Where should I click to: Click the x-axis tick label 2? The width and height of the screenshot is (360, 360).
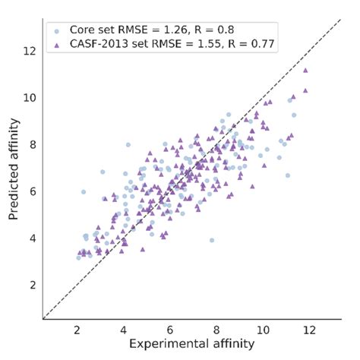[x=77, y=330]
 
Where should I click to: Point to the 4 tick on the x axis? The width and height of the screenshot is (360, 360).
[x=124, y=330]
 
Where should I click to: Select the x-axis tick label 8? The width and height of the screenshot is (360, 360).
[x=216, y=330]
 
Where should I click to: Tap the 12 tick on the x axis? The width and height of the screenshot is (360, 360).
[x=308, y=330]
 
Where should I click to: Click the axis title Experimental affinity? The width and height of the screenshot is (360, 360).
[x=191, y=346]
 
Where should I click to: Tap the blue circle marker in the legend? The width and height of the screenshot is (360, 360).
[x=57, y=30]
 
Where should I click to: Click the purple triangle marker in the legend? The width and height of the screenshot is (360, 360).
[x=57, y=44]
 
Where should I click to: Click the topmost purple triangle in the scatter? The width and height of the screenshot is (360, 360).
[x=305, y=71]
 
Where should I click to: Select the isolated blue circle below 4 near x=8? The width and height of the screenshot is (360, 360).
[x=211, y=240]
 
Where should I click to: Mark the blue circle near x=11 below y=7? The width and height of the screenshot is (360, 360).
[x=288, y=175]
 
